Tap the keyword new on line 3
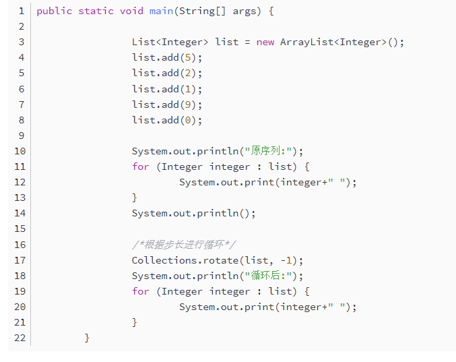[x=265, y=42]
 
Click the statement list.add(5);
[x=167, y=57]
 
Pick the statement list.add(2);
[x=167, y=73]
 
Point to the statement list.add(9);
[x=167, y=104]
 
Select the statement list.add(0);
[x=167, y=120]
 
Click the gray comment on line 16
[x=183, y=245]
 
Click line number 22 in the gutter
[x=20, y=338]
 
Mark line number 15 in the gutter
[x=20, y=229]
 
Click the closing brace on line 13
[x=135, y=198]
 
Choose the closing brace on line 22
[x=88, y=338]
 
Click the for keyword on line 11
[x=141, y=167]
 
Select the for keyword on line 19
[x=141, y=291]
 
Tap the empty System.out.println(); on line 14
[x=194, y=213]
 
